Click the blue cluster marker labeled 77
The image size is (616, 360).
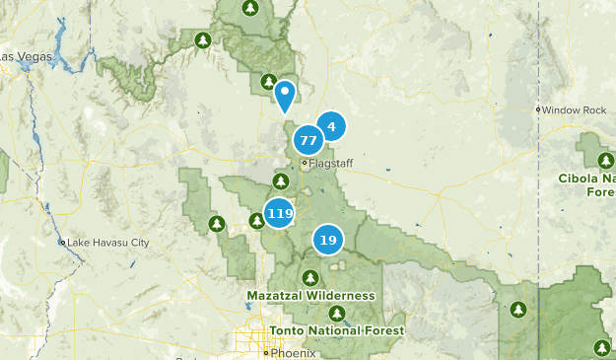(x=308, y=140)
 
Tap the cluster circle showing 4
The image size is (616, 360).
(x=332, y=126)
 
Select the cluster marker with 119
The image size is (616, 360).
(x=280, y=214)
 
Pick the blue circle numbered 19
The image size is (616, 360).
(x=328, y=240)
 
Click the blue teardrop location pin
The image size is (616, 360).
(x=285, y=96)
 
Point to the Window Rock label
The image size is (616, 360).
(x=574, y=109)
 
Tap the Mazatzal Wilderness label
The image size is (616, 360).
(x=310, y=295)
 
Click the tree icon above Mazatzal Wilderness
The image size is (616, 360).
(x=310, y=277)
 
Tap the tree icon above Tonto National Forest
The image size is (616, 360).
(x=337, y=314)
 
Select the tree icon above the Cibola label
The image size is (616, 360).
(x=603, y=160)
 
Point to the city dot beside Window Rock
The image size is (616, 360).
(x=538, y=109)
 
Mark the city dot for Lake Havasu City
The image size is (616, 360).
(x=62, y=242)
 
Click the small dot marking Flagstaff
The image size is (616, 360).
(x=305, y=163)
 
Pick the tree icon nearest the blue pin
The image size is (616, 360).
(x=268, y=81)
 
